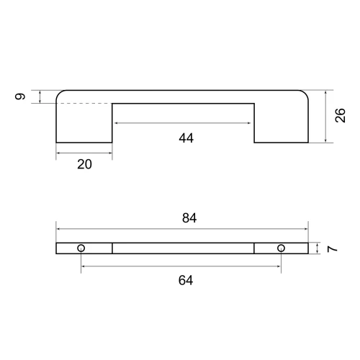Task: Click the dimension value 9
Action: [20, 96]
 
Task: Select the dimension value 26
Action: [340, 115]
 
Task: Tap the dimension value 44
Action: [186, 138]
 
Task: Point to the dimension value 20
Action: [84, 164]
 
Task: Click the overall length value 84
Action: [189, 218]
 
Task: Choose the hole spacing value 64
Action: [186, 280]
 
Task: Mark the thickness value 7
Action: [333, 249]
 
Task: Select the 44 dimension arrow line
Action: [183, 123]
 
